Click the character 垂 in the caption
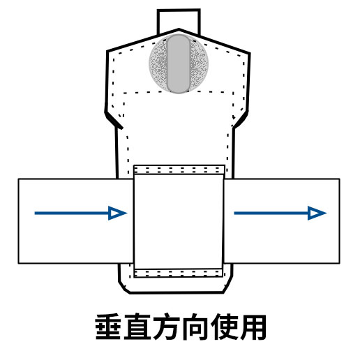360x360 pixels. [x=108, y=327]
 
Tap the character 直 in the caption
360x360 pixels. [x=137, y=327]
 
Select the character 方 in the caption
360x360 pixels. [x=166, y=327]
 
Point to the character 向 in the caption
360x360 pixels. [x=195, y=327]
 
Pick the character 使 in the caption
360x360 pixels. [x=224, y=327]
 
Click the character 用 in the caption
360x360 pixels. [x=253, y=327]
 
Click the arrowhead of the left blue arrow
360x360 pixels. [x=117, y=213]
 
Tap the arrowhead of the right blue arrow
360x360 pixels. [x=317, y=213]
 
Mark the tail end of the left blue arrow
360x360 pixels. [x=35, y=213]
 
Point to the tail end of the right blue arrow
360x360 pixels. [x=234, y=213]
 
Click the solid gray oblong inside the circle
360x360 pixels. [x=179, y=63]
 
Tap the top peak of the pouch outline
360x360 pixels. [x=179, y=29]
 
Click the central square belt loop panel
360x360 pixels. [x=179, y=221]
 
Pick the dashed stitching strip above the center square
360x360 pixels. [x=179, y=170]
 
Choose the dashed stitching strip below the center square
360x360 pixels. [x=179, y=273]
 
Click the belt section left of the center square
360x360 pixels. [x=76, y=221]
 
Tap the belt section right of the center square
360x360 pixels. [x=282, y=221]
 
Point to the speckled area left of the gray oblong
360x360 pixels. [x=158, y=63]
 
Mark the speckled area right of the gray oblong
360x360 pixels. [x=199, y=63]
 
